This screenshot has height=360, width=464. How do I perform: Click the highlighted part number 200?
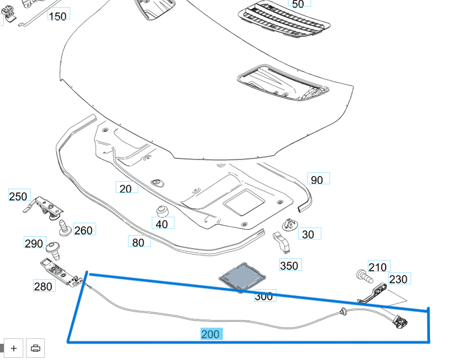tap(210, 335)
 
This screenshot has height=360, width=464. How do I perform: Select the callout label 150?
tap(58, 16)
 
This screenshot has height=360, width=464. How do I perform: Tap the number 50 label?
tap(298, 4)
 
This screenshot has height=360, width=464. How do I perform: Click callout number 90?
tap(318, 179)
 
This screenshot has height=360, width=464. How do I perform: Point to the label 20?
tap(125, 188)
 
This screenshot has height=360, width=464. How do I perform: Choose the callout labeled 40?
tap(162, 224)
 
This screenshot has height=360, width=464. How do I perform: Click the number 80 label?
tap(138, 243)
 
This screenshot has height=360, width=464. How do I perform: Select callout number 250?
tap(18, 196)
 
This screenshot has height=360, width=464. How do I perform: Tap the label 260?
tap(83, 231)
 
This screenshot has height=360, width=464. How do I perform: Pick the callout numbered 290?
tap(34, 244)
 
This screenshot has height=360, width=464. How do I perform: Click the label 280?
tap(43, 286)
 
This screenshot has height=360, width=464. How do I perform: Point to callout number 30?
tap(308, 235)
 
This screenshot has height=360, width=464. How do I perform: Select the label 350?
tap(290, 265)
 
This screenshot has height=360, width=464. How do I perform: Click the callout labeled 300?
tap(264, 296)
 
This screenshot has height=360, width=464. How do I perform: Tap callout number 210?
tap(378, 267)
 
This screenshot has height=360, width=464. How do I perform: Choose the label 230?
tap(398, 279)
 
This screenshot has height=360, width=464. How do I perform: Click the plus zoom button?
tap(14, 348)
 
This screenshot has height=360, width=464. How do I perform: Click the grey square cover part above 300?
tap(240, 276)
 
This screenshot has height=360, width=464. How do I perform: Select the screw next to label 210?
tap(364, 277)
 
